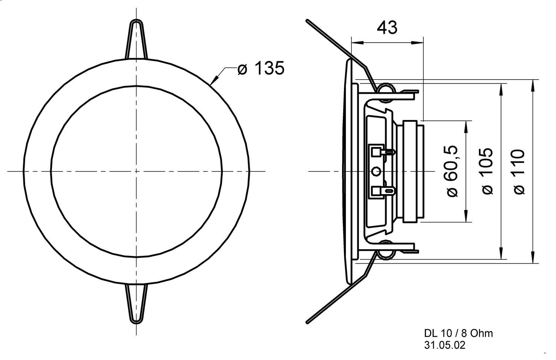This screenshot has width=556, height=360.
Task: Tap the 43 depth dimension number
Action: (x=387, y=28)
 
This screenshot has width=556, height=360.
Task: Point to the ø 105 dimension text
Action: (x=487, y=171)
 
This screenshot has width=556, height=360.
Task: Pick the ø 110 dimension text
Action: (x=519, y=171)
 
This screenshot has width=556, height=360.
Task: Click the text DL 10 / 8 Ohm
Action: (x=459, y=333)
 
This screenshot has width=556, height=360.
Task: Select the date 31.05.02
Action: (x=444, y=345)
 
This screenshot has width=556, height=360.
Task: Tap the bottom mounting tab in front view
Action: (x=136, y=303)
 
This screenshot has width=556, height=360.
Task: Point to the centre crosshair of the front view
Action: (x=136, y=171)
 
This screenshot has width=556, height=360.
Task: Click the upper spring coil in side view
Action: (x=385, y=90)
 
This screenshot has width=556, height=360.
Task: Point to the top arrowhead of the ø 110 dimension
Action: (x=533, y=85)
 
